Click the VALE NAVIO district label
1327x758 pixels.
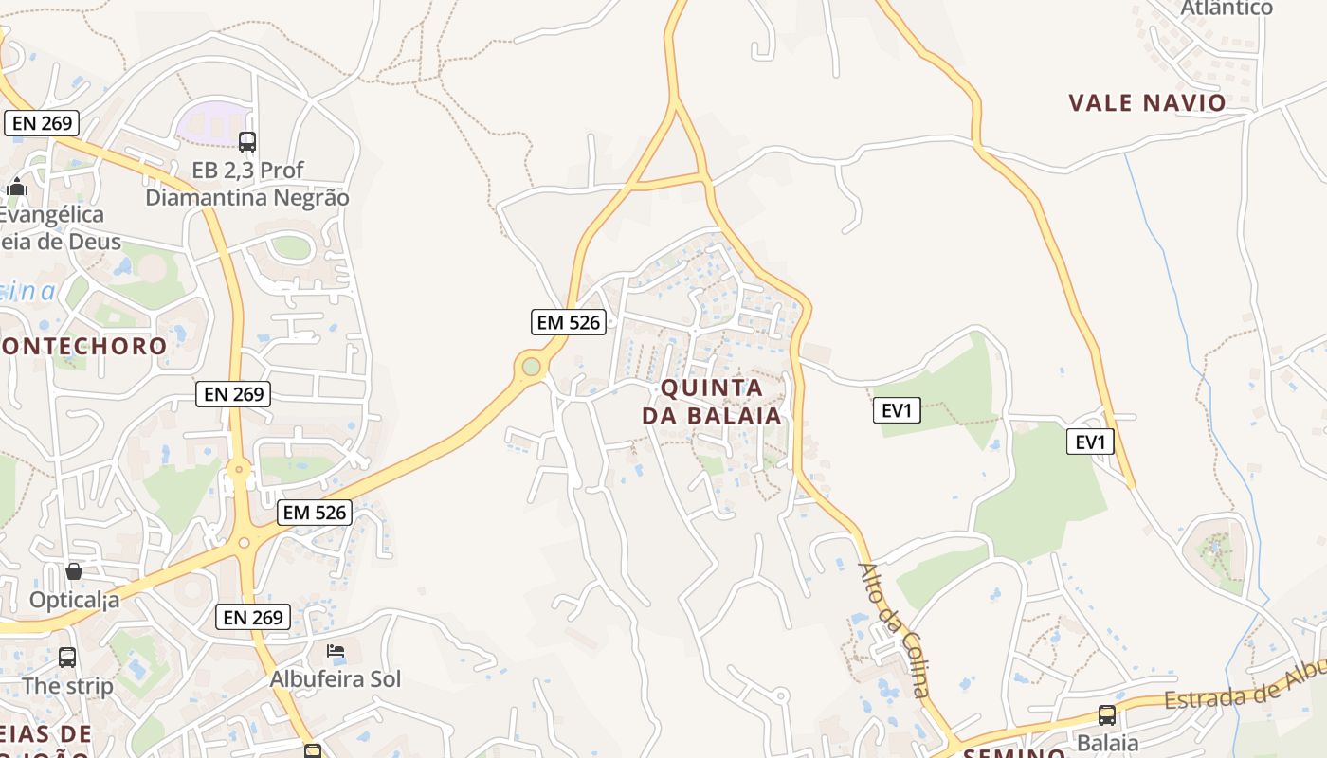coord(1147,102)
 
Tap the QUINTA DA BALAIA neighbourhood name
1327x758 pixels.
coord(712,402)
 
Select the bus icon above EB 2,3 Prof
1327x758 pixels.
coord(247,142)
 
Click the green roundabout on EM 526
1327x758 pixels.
coord(531,366)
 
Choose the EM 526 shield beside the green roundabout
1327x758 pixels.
coord(568,322)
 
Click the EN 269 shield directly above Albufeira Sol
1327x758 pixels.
coord(253,617)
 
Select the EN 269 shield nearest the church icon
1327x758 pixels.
coord(42,123)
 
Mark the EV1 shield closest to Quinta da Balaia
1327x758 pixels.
coord(896,410)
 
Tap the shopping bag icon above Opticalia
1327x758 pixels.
coord(74,571)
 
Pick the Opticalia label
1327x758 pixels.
coord(74,600)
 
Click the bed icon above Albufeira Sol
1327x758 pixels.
coord(336,651)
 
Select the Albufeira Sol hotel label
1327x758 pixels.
coord(336,678)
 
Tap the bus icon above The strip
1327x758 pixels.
coord(67,657)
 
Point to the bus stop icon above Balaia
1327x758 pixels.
coord(1107,715)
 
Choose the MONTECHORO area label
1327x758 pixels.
coord(83,345)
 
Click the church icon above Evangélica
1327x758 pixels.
coord(17,187)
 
